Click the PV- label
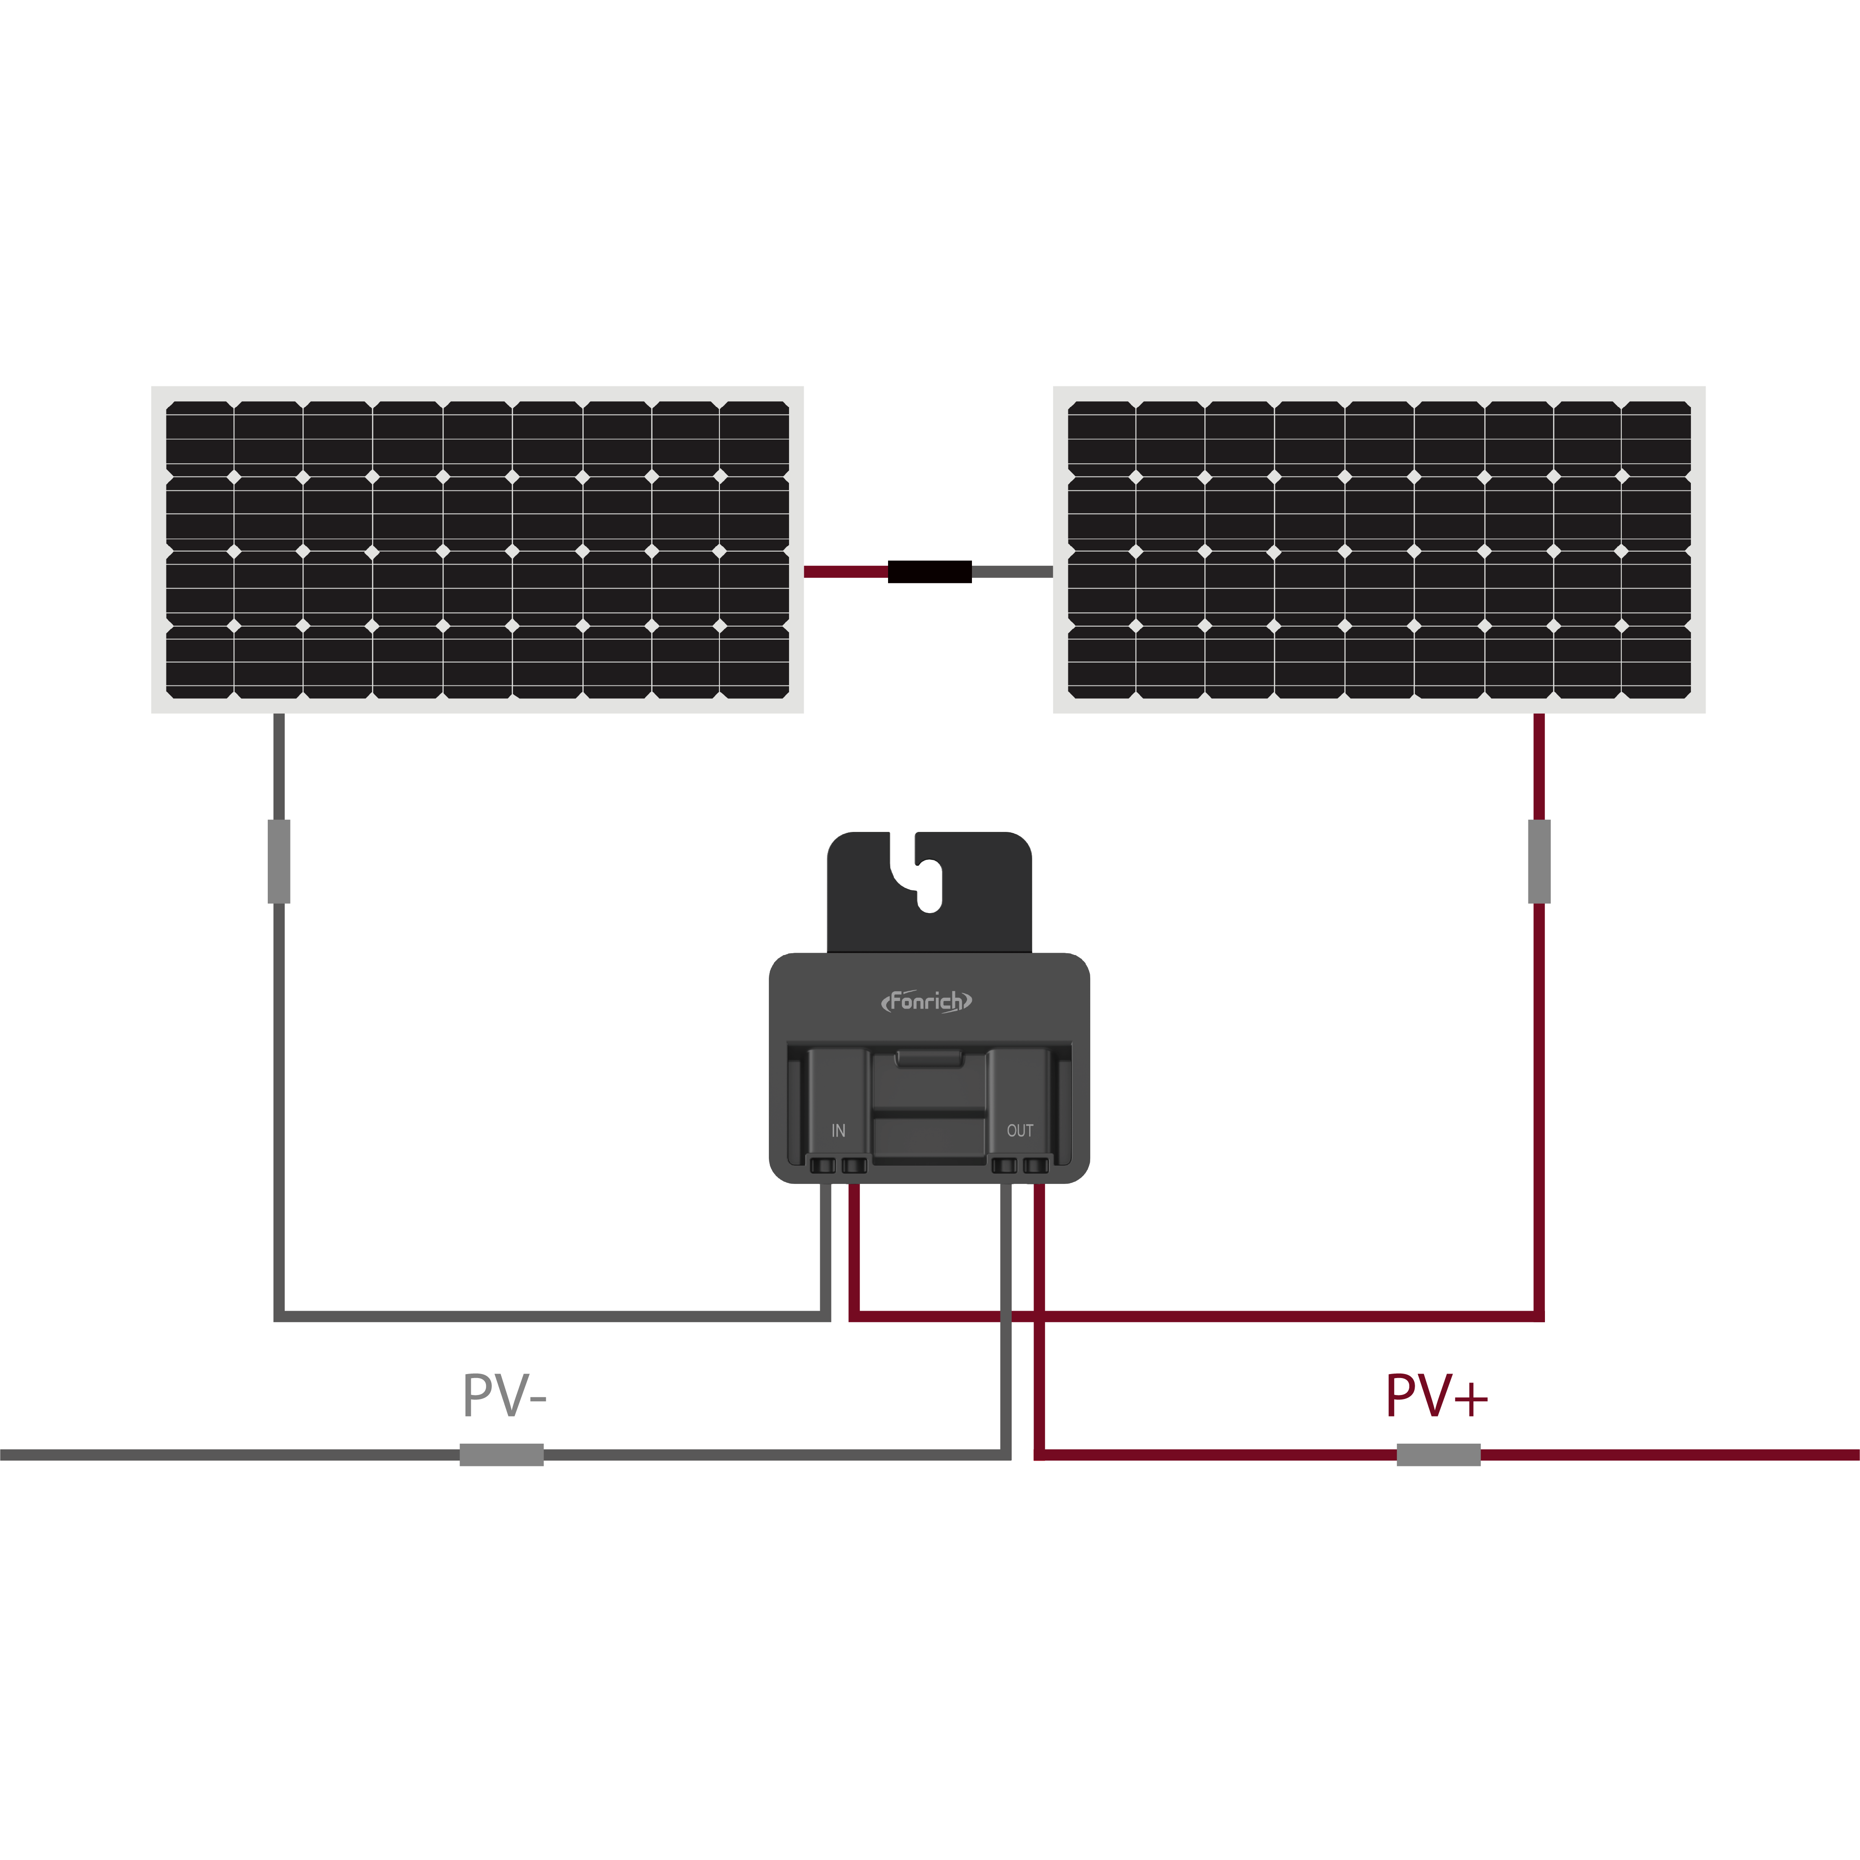[504, 1396]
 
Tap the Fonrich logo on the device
[926, 1001]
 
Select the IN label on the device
[839, 1131]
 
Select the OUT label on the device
[1020, 1131]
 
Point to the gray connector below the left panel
[279, 862]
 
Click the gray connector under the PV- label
[502, 1455]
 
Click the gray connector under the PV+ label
[1438, 1455]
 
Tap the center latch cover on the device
[929, 1107]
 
